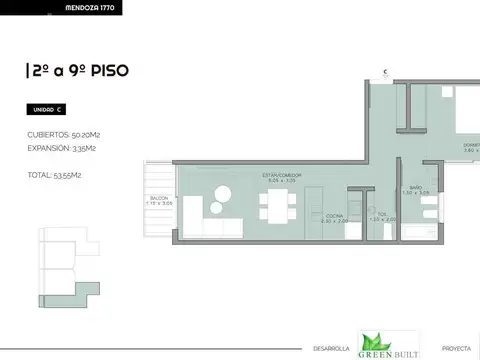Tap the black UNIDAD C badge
pos(48,109)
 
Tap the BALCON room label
pos(160,200)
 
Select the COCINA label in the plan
pos(335,216)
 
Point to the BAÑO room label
pos(415,188)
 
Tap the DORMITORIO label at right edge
pos(470,147)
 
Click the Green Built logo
pos(386,344)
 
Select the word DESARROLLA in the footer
pos(331,348)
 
